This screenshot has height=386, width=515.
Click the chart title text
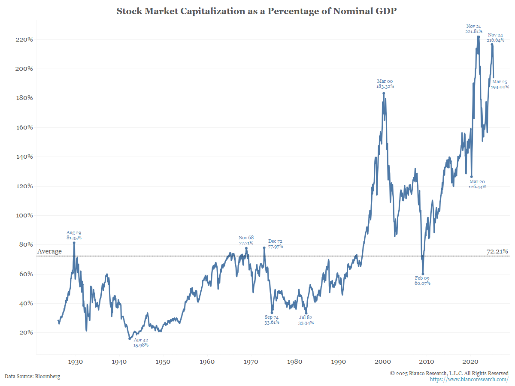coord(256,11)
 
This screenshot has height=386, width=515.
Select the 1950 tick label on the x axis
coord(163,362)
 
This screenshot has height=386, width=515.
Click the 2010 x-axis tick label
coord(427,362)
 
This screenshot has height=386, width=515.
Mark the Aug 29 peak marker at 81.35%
coord(74,243)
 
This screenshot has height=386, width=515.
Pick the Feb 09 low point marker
coord(423,274)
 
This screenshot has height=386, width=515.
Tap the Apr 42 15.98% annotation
coord(141,342)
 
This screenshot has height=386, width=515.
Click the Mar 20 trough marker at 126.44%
coord(471,177)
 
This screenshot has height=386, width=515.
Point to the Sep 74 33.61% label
coord(272,320)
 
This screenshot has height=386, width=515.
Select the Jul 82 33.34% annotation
coord(306,320)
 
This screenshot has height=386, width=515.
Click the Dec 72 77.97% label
coord(275,244)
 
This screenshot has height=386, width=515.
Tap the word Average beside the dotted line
coord(50,251)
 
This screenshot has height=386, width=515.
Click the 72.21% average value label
coord(497,251)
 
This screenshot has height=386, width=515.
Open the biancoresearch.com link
coord(469,380)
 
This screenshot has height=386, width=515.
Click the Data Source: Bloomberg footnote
coord(32,377)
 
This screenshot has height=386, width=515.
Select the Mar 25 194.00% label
coord(500,84)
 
